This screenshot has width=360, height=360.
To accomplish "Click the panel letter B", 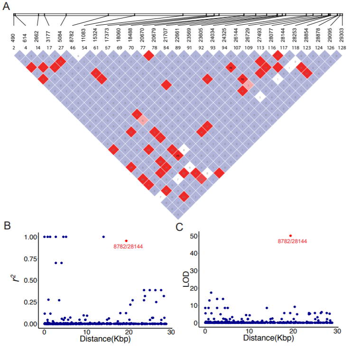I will click(8, 226).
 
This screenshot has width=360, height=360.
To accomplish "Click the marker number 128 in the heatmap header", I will click(342, 47).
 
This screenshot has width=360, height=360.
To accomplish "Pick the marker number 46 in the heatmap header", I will click(73, 47).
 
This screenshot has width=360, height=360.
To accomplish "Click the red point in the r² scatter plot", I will click(126, 241).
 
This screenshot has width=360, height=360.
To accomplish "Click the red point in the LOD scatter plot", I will click(290, 236).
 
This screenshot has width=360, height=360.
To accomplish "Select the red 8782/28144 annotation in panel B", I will click(128, 246).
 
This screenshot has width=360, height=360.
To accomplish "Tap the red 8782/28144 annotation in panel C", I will click(292, 241).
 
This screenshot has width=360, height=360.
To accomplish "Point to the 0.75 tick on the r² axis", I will click(30, 258).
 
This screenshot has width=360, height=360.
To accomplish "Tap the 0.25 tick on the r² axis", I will click(30, 302).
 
